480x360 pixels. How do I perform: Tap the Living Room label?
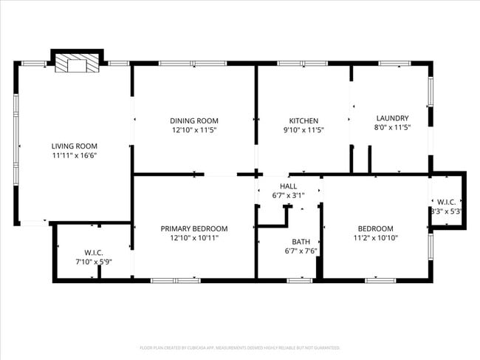74,146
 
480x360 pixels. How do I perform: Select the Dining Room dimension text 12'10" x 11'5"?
194,130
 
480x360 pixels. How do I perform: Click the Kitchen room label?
303,120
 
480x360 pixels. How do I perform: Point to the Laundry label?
392,118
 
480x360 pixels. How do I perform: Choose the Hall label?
288,186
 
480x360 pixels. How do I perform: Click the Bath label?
301,242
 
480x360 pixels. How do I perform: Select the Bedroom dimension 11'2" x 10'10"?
375,238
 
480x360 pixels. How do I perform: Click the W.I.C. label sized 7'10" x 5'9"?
93,252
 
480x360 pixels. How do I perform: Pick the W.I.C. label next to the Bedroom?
446,202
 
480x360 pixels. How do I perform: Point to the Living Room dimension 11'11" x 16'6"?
74,156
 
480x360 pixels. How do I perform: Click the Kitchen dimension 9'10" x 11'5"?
303,130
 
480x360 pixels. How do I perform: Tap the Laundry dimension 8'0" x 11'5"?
392,128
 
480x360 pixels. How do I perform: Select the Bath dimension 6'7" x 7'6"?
301,251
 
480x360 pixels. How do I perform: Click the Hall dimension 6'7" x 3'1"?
288,195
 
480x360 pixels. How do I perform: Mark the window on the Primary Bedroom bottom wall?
175,280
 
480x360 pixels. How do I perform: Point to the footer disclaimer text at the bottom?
239,347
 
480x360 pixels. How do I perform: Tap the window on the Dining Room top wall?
182,64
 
